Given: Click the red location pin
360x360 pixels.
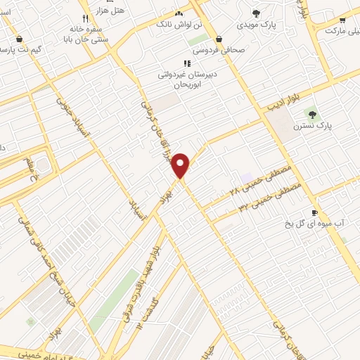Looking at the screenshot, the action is pos(181,163).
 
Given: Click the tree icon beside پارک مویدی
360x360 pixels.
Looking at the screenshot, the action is pos(256,13).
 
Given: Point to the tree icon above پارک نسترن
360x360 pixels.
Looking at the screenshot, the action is pos(312,114).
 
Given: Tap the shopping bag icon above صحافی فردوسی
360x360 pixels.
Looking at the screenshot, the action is pos(219,39).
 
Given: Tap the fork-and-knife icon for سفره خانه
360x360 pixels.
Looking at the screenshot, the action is pos(85,18).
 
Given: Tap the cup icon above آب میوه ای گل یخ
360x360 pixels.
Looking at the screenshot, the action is pos(314,212).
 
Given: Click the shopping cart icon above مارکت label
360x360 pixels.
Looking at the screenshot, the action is pos(342,20).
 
